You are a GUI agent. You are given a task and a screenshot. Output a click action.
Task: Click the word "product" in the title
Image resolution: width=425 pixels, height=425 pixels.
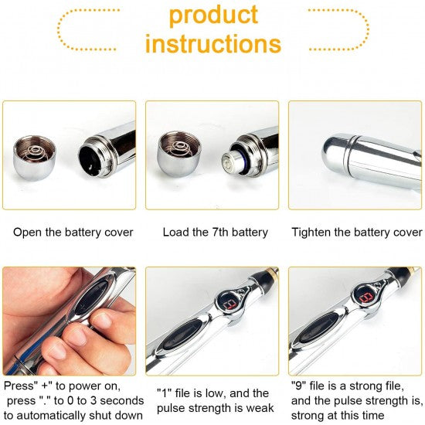(x=213, y=15)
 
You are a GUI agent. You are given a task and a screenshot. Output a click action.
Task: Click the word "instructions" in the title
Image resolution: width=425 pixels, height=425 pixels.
(x=213, y=43)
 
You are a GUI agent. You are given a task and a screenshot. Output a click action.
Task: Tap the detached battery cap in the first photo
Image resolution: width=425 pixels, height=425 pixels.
(x=35, y=158)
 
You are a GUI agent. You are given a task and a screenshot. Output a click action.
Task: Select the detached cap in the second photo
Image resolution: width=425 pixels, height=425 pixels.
(x=179, y=154)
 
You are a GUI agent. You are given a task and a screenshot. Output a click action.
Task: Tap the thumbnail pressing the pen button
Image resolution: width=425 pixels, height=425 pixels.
(x=102, y=321)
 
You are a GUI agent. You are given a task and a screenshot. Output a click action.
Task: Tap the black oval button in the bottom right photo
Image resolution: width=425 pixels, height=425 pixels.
(x=318, y=328)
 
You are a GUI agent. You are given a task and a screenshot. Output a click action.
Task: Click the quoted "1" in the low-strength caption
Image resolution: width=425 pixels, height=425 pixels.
(x=165, y=393)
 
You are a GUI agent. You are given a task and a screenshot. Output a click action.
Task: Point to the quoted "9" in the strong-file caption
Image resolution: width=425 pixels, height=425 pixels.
(x=298, y=386)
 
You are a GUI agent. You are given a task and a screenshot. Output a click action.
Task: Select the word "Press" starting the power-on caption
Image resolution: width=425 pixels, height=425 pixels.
(x=18, y=386)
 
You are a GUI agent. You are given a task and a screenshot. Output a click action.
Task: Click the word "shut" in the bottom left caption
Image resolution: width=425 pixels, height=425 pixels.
(x=100, y=416)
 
